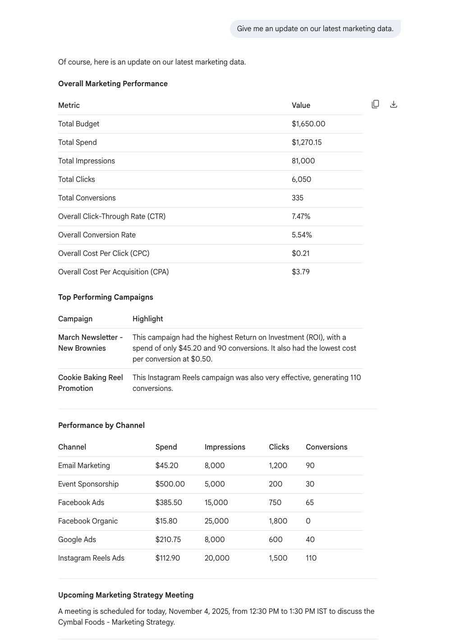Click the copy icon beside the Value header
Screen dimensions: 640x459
[375, 104]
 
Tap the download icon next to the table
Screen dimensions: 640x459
[394, 104]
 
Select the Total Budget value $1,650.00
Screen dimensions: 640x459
[308, 124]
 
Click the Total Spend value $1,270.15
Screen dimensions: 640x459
[307, 142]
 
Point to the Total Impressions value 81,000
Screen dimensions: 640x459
[303, 161]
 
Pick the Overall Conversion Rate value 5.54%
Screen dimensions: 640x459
[302, 235]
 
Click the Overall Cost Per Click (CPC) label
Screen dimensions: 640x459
[104, 253]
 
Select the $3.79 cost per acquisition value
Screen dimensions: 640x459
[300, 272]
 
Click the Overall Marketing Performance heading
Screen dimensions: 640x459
[113, 83]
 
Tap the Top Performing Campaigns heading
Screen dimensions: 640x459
[106, 297]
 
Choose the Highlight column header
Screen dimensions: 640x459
[147, 319]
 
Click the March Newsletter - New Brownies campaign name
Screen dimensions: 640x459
[90, 343]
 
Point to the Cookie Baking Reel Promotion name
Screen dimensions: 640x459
[90, 383]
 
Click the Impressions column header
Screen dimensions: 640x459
[225, 447]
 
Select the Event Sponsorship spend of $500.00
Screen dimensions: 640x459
[170, 484]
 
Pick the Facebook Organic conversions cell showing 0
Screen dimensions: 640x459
[308, 521]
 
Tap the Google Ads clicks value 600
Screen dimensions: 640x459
[275, 539]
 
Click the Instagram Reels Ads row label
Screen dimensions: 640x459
[91, 558]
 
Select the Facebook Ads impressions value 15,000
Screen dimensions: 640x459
[216, 502]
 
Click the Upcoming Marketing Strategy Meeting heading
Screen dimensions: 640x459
[126, 595]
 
